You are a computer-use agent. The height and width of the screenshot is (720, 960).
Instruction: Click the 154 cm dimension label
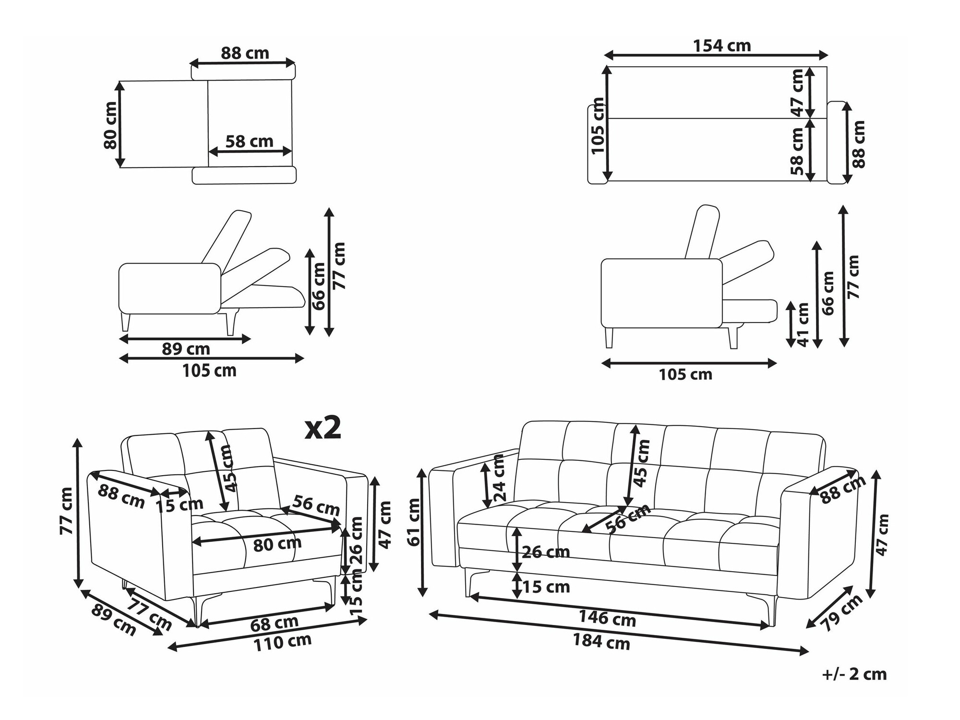[722, 46]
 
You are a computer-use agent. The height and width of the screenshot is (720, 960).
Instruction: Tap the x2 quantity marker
[323, 428]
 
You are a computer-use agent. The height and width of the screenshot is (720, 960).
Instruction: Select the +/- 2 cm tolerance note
[854, 674]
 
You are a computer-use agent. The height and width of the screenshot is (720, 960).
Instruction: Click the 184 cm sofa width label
[601, 641]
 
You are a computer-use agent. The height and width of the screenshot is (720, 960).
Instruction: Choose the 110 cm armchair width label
[282, 642]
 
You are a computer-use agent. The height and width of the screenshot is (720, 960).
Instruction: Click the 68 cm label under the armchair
[274, 623]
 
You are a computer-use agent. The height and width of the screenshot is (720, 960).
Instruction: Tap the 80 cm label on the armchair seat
[277, 544]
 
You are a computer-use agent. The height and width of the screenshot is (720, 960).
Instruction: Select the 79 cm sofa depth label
[841, 613]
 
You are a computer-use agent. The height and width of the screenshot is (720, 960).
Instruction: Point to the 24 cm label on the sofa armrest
[499, 478]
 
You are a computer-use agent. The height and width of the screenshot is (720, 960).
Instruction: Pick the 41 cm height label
[803, 324]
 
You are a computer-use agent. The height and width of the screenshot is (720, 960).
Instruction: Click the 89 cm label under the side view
[186, 349]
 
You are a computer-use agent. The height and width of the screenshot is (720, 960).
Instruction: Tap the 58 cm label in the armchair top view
[249, 142]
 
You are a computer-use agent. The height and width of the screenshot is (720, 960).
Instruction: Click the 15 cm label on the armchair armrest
[180, 504]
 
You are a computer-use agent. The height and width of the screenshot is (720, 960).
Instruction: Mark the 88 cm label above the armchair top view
[245, 53]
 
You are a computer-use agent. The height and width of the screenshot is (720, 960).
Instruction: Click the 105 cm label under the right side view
[685, 374]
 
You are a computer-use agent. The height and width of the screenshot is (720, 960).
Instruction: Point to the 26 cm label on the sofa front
[545, 552]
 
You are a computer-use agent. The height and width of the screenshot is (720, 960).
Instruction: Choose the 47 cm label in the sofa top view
[797, 93]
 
